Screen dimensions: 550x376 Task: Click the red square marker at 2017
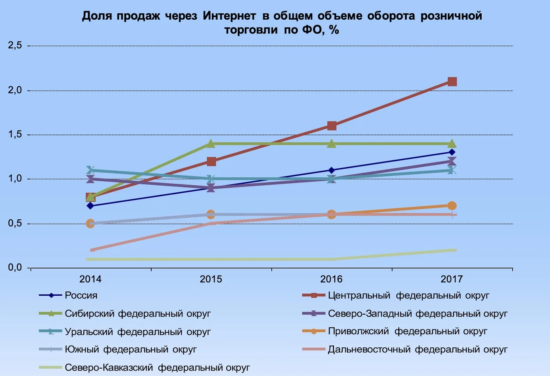coord(452,81)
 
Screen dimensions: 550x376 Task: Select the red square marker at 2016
coord(332,126)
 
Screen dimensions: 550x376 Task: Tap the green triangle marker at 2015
coord(211,144)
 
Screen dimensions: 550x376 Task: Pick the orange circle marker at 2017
coord(452,206)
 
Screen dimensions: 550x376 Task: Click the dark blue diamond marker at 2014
coord(90,206)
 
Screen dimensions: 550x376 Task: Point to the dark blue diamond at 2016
coord(332,170)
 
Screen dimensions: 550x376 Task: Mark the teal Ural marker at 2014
coord(90,170)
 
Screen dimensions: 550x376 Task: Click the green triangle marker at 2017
coord(452,144)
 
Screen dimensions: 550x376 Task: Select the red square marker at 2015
coord(211,162)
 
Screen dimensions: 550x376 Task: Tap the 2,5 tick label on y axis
coord(15,46)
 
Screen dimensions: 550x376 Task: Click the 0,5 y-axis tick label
coord(15,223)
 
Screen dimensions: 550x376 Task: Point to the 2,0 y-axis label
coord(15,90)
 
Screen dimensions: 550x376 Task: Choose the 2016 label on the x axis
coord(331,279)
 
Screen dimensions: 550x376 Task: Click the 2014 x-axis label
coord(90,279)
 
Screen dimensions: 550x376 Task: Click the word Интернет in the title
coord(229,16)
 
